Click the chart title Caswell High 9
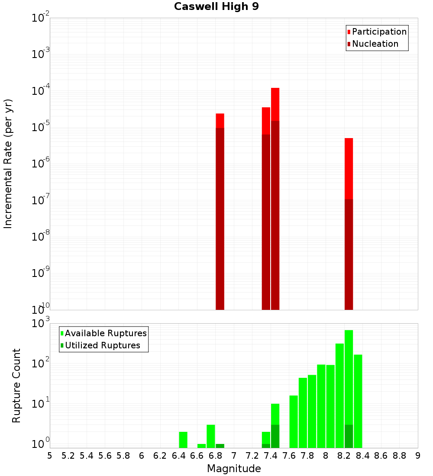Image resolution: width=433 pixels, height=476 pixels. [216, 7]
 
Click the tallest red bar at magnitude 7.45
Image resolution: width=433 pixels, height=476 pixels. [275, 104]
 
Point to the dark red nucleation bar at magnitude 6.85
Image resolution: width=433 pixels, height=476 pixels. [220, 216]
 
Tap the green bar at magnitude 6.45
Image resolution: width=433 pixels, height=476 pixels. [183, 439]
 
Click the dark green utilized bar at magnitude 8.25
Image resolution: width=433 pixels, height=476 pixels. [349, 436]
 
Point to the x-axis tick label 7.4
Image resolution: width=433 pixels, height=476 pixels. [271, 456]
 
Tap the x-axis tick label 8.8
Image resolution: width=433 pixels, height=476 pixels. [399, 456]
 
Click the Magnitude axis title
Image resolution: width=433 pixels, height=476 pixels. [234, 469]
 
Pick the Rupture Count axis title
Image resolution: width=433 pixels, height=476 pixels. [16, 385]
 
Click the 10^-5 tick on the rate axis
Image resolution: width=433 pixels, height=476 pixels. [41, 127]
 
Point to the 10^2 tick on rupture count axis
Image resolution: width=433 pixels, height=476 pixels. [42, 364]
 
